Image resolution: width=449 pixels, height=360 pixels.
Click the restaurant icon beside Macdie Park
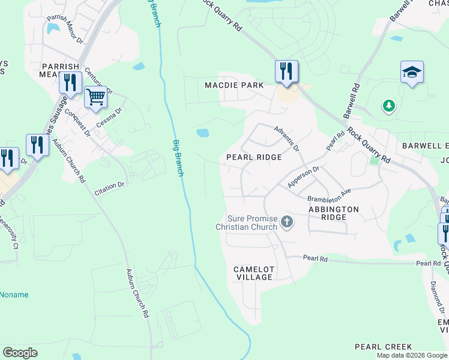click(286, 71)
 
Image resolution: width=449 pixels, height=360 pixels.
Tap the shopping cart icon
click(95, 97)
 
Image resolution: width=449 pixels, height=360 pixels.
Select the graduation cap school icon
click(412, 73)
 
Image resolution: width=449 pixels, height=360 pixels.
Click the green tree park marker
click(389, 106)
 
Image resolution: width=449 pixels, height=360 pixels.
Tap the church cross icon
click(287, 223)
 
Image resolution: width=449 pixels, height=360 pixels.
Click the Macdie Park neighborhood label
click(234, 85)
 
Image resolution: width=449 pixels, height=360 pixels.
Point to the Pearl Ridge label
click(254, 157)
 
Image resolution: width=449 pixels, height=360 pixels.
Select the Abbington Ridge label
click(333, 213)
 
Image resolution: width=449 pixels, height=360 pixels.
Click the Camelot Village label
click(253, 274)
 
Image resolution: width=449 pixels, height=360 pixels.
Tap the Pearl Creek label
click(383, 347)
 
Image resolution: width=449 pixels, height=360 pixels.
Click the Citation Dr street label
click(109, 188)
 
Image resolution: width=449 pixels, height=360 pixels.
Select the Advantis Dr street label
click(286, 138)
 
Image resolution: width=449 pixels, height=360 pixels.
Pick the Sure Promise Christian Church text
click(252, 223)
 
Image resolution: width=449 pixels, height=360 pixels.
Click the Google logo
click(20, 352)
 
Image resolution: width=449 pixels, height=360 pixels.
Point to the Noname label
click(14, 295)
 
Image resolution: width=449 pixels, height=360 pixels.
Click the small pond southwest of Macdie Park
click(202, 133)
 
